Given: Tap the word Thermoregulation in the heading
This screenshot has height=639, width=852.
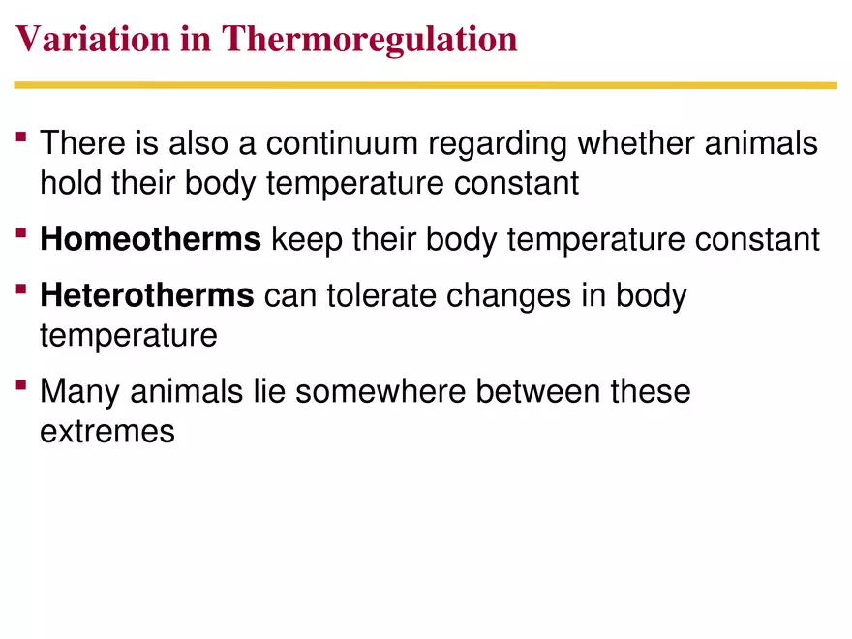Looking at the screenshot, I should click(369, 41).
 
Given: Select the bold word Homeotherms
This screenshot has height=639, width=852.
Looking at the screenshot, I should click(150, 239).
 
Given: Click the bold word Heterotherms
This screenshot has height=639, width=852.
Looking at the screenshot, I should click(146, 295).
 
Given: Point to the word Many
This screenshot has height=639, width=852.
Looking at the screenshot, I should click(80, 392).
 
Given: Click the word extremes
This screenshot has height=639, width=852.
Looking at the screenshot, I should click(106, 431).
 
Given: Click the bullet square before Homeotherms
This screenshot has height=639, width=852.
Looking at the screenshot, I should click(21, 233).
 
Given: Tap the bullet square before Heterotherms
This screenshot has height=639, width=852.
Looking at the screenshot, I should click(21, 289).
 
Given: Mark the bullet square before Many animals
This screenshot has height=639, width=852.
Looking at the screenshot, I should click(21, 385).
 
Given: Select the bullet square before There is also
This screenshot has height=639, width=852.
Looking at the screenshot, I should click(21, 137).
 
